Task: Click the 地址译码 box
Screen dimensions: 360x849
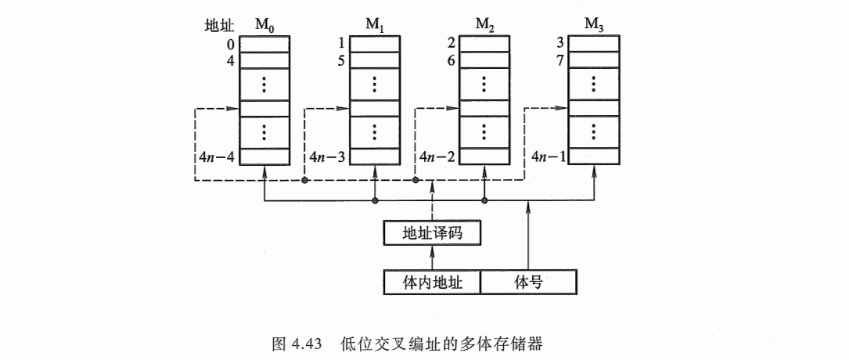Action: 431,233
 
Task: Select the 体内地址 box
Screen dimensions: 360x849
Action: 431,282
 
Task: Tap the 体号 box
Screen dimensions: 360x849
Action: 528,282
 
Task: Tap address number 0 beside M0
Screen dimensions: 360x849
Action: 231,44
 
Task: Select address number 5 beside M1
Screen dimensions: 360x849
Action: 341,60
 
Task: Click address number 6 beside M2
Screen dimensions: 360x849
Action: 451,60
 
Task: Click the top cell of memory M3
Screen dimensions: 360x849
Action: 594,44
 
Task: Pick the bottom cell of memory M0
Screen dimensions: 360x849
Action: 264,157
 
